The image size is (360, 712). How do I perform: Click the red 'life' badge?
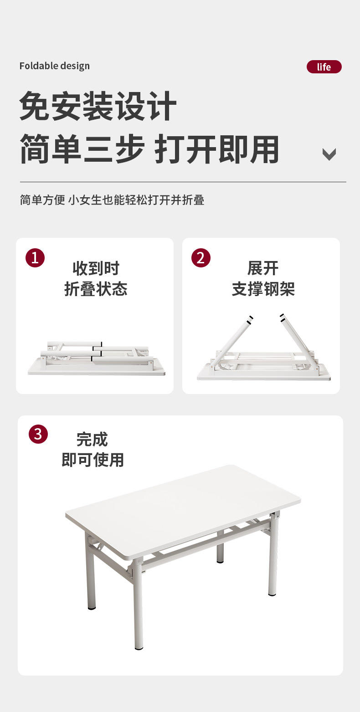click(x=324, y=67)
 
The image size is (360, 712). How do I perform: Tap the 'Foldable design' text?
click(x=54, y=66)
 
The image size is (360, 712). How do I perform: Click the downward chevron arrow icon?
click(x=329, y=154)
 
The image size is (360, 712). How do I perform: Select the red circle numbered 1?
click(x=35, y=258)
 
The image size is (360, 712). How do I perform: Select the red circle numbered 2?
click(x=201, y=258)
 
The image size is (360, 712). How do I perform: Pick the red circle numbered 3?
click(x=38, y=434)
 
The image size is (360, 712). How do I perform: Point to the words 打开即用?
click(x=217, y=149)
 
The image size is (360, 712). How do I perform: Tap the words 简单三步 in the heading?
click(x=82, y=149)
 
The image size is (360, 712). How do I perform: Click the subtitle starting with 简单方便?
click(x=112, y=200)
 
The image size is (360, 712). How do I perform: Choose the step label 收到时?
click(x=96, y=268)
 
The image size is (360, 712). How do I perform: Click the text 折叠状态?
click(x=96, y=289)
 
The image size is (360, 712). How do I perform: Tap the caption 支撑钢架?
click(x=263, y=289)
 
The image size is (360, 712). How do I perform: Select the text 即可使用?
click(x=93, y=460)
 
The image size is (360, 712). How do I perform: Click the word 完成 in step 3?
click(x=92, y=439)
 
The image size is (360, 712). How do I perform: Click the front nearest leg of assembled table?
click(x=138, y=604)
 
